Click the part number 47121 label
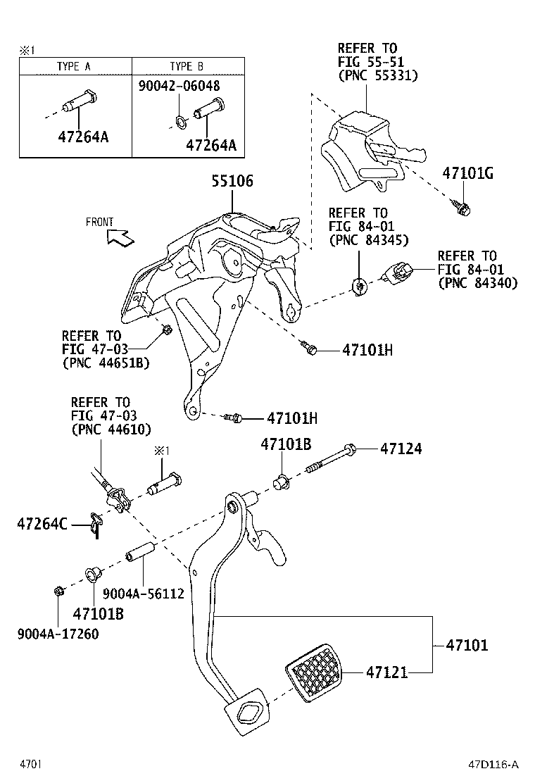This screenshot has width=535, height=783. tap(386, 673)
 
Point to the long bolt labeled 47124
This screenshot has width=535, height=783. tap(330, 458)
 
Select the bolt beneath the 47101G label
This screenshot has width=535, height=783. tap(462, 207)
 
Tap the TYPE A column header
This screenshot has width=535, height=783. tap(74, 67)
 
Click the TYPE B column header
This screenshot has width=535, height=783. tap(187, 67)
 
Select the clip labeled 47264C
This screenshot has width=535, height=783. tap(96, 523)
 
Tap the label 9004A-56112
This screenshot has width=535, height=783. tap(143, 594)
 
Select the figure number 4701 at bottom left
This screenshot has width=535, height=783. tap(31, 764)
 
